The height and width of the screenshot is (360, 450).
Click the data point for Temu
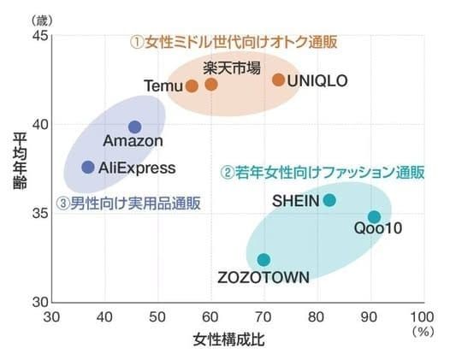coord(192,86)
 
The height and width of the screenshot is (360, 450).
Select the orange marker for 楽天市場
coord(211,84)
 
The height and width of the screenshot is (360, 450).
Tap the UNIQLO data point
coord(278,80)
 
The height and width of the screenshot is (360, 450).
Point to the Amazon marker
coord(134,127)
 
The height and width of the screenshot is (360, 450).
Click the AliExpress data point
coord(87,167)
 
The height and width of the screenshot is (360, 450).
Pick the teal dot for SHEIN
coord(329,200)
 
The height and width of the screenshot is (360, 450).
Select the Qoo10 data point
coord(374,217)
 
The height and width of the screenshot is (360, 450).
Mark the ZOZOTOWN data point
coord(263,259)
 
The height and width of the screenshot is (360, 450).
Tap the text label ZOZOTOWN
coord(263,276)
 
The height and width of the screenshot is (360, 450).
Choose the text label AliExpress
coord(137,168)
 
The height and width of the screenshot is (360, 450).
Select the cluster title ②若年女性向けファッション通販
coord(322,171)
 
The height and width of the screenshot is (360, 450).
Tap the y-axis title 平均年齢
coord(19,168)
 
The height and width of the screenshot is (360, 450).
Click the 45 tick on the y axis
coord(39,35)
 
